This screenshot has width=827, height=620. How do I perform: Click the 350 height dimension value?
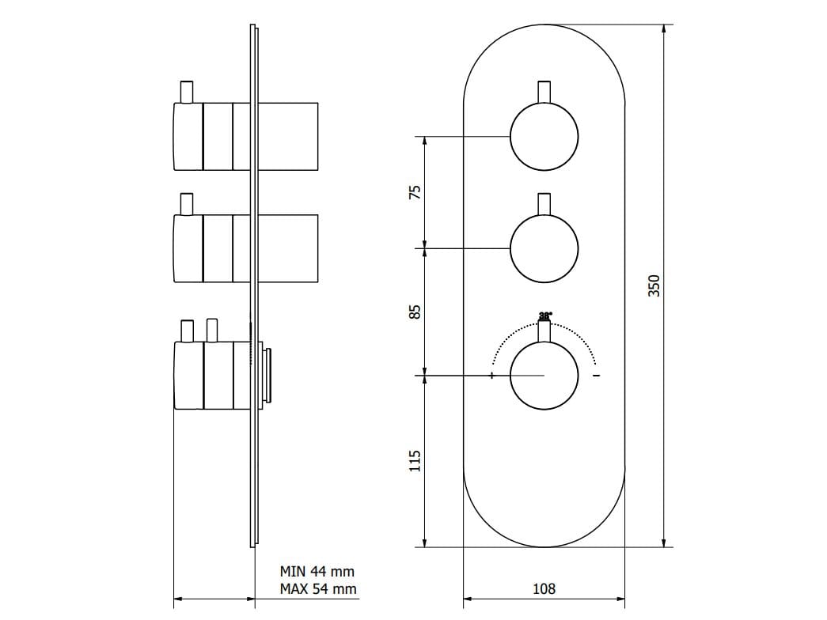pos(654,285)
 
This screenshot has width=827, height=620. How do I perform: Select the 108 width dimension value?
pos(544,588)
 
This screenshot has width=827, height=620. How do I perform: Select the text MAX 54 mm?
pos(317,589)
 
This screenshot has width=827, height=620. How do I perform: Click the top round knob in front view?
pos(544,137)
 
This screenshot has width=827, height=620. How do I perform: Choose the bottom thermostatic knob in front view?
pos(544,376)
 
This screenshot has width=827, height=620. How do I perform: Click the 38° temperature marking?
pos(545,315)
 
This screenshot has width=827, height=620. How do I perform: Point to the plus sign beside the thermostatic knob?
pos(492,375)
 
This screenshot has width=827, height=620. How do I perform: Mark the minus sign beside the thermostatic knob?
pos(596,375)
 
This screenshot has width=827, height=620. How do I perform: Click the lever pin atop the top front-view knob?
pos(544,91)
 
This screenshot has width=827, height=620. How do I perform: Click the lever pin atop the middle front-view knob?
pos(544,203)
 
